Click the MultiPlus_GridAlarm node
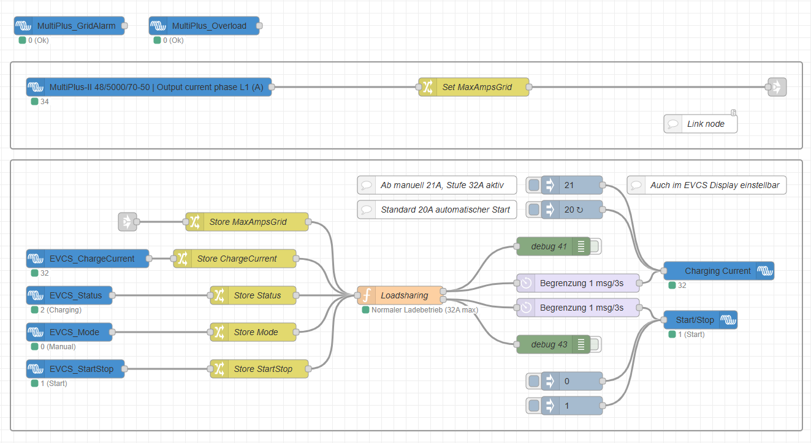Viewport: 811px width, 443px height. click(69, 26)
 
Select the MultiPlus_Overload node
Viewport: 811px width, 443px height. click(204, 26)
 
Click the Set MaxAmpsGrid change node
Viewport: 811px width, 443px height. click(474, 87)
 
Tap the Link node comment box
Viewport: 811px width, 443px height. click(701, 124)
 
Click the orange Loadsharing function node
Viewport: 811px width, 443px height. click(400, 295)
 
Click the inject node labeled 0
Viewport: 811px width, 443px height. click(564, 381)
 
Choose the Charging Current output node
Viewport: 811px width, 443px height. click(719, 271)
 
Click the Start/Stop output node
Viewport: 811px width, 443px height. click(701, 320)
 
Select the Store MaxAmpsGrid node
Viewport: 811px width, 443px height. click(247, 222)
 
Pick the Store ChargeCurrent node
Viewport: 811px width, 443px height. click(235, 259)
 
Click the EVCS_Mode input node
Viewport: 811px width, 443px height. click(69, 332)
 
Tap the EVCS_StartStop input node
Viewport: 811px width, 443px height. click(75, 369)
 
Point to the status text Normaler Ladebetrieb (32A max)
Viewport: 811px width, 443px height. click(425, 310)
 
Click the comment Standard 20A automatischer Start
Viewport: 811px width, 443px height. click(437, 210)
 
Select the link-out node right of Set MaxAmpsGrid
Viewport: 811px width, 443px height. click(777, 87)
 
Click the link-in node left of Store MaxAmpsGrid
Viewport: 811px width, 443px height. click(128, 222)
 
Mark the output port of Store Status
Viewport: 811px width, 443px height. click(296, 295)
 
